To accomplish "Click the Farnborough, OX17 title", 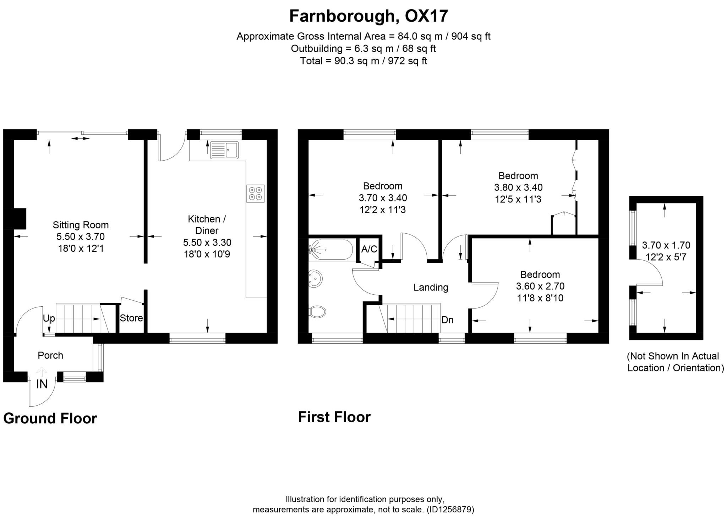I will [x=368, y=16].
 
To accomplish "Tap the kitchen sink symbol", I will [x=224, y=150].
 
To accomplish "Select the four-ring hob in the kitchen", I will [x=256, y=194].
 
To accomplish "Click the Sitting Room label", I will [x=81, y=225].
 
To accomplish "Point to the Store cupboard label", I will [x=131, y=318].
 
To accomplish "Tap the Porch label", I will [x=50, y=355].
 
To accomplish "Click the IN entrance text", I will [x=42, y=384].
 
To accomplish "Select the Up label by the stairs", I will [x=49, y=318].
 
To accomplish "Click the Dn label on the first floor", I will [x=447, y=320].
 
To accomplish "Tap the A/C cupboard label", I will [x=369, y=249].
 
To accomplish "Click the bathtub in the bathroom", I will [x=330, y=250].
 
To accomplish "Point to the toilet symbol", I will [x=318, y=312].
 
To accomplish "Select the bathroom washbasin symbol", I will [x=315, y=278].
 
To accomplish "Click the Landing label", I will [x=431, y=287].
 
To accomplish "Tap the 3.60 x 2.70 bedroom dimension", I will [x=540, y=286].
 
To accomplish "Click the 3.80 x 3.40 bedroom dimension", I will [x=518, y=187].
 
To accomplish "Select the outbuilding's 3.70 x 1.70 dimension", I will [x=666, y=245].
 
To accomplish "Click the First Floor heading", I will [x=334, y=417].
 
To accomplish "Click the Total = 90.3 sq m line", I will [x=363, y=61].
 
